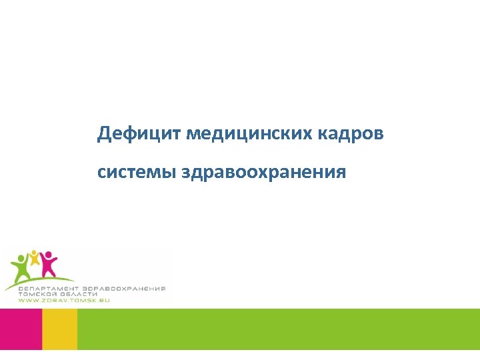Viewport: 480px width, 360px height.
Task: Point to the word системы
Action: pos(136,173)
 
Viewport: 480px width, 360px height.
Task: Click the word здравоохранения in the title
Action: pos(263,173)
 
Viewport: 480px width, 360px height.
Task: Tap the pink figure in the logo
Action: pos(48,263)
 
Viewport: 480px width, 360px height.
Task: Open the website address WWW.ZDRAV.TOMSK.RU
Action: pos(63,301)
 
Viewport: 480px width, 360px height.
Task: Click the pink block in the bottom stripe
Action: pos(21,329)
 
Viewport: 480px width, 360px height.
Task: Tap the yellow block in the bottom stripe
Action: pos(59,329)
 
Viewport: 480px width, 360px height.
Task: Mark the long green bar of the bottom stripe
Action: pos(278,329)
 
